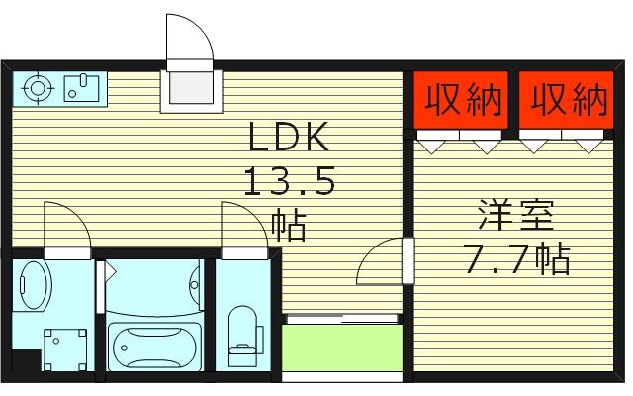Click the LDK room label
tap(288, 141)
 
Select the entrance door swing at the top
tap(188, 40)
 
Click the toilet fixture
tap(241, 331)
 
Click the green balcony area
tap(341, 348)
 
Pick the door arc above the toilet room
tap(241, 225)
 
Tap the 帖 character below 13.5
tap(289, 224)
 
